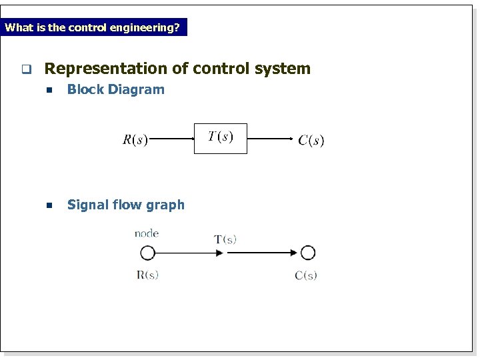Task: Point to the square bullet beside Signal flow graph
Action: [x=49, y=206]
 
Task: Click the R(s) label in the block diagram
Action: [x=135, y=140]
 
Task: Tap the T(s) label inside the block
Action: [x=220, y=137]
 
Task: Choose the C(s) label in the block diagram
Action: [x=311, y=140]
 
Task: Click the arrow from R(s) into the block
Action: [x=171, y=139]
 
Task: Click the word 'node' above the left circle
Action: [x=147, y=233]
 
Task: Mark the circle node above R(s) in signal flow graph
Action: [x=147, y=253]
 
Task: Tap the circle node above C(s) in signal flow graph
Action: [x=307, y=253]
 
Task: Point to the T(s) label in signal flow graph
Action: [x=225, y=239]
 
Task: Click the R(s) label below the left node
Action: [x=147, y=274]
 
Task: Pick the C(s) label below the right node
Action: [x=306, y=275]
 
